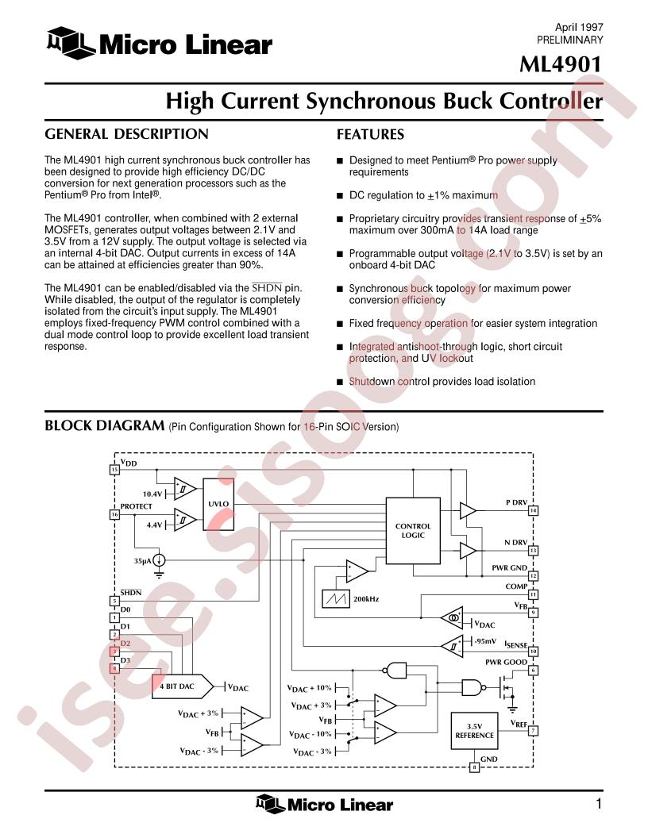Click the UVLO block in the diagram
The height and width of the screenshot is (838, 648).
pos(218,504)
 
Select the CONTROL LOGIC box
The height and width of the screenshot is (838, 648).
pos(413,531)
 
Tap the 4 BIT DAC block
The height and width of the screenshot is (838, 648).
pos(183,686)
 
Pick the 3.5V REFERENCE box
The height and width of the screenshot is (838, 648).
pos(474,731)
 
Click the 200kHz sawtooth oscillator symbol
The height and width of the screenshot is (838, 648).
pos(336,598)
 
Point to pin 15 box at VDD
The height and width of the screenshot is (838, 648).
pos(114,469)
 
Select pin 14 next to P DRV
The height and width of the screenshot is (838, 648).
pos(533,510)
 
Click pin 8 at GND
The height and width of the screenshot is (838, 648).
pos(474,767)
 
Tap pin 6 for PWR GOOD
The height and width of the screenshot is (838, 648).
pos(533,671)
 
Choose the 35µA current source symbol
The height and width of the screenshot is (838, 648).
pos(159,560)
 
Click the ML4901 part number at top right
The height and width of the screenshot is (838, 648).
pos(561,64)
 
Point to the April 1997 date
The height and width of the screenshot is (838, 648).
pos(579,27)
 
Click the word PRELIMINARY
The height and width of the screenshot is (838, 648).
pos(570,40)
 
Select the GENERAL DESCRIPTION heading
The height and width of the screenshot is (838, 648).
pos(127,134)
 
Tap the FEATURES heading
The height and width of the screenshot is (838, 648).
pos(371,134)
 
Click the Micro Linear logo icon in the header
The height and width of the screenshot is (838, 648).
pos(71,43)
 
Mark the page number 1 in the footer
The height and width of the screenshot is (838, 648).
pos(599,803)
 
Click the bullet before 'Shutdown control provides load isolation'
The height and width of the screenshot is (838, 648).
pos(340,382)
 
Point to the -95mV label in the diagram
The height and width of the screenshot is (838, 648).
pos(485,641)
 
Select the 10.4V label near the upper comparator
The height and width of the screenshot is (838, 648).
pos(152,494)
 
